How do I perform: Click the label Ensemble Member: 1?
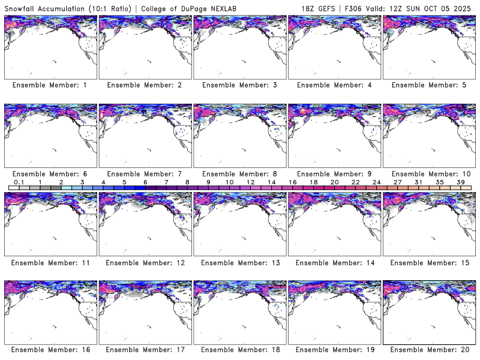pyautogui.click(x=49, y=85)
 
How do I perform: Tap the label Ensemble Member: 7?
pyautogui.click(x=144, y=174)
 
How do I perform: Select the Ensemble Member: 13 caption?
pyautogui.click(x=239, y=263)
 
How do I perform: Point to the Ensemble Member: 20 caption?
pyautogui.click(x=428, y=350)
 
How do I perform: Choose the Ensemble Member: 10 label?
pyautogui.click(x=428, y=174)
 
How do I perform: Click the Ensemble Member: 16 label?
pyautogui.click(x=49, y=350)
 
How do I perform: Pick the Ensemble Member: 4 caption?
pyautogui.click(x=333, y=85)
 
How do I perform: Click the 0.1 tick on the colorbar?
pyautogui.click(x=19, y=182)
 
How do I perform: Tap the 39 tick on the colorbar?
pyautogui.click(x=460, y=182)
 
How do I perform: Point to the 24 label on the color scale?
pyautogui.click(x=376, y=182)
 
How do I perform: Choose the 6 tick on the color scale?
pyautogui.click(x=145, y=182)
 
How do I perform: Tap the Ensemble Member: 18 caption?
pyautogui.click(x=239, y=350)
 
